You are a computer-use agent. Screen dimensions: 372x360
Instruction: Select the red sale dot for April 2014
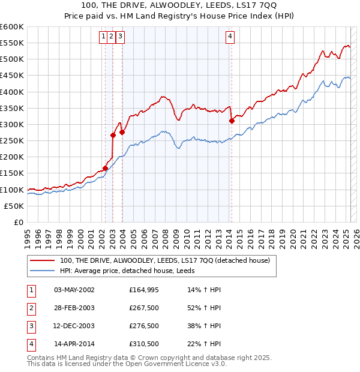[x=232, y=121]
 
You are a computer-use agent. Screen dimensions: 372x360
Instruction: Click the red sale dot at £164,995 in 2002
[x=105, y=169]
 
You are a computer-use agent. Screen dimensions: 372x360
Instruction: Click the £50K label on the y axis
[x=14, y=206]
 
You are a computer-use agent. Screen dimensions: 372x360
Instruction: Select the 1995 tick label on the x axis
[x=28, y=236]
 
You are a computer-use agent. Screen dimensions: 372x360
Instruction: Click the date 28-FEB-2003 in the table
[x=74, y=308]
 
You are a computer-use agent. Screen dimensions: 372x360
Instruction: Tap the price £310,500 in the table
[x=144, y=344]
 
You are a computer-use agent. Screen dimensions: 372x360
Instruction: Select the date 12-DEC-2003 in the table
[x=74, y=326]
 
